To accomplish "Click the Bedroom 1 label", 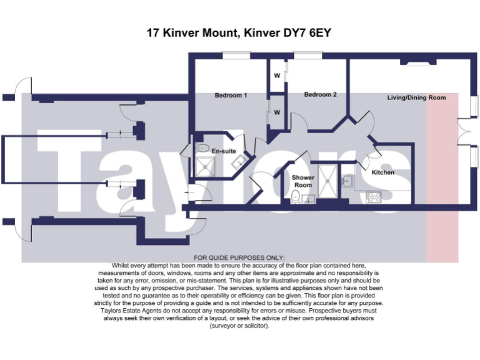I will [231, 96].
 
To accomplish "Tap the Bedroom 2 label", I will [320, 95].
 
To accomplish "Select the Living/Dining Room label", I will [416, 98].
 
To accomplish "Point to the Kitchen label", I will [383, 172].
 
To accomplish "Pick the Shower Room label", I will [302, 181].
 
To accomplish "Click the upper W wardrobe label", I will [276, 76].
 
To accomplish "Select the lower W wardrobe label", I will [276, 113].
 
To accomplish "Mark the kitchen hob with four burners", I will [374, 197].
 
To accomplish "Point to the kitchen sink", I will [347, 181].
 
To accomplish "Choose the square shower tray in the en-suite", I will [204, 167].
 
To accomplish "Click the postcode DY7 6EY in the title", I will [306, 32].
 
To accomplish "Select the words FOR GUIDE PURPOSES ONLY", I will [239, 258].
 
